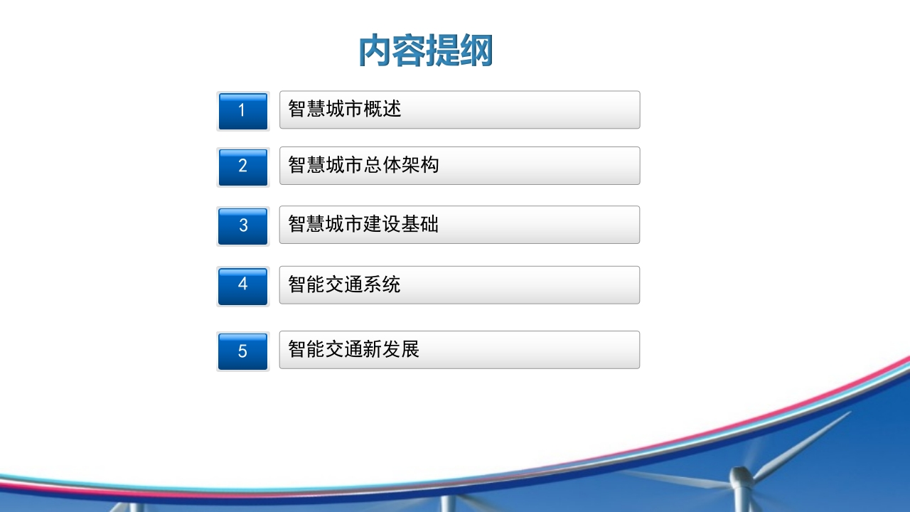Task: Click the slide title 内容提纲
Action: pyautogui.click(x=426, y=50)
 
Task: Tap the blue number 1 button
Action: pyautogui.click(x=243, y=112)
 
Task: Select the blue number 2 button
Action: pyautogui.click(x=243, y=167)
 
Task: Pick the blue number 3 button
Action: pyautogui.click(x=243, y=226)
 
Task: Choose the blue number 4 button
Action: pyautogui.click(x=243, y=286)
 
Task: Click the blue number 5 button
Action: pyautogui.click(x=243, y=351)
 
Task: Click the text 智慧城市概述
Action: pyautogui.click(x=345, y=109)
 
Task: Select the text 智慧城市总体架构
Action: pyautogui.click(x=363, y=164)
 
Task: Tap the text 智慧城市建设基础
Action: pyautogui.click(x=363, y=224)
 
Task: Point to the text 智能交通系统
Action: pyautogui.click(x=345, y=284)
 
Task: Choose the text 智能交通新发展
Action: pyautogui.click(x=353, y=349)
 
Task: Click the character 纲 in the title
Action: pyautogui.click(x=476, y=50)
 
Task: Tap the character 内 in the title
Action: pyautogui.click(x=375, y=50)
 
